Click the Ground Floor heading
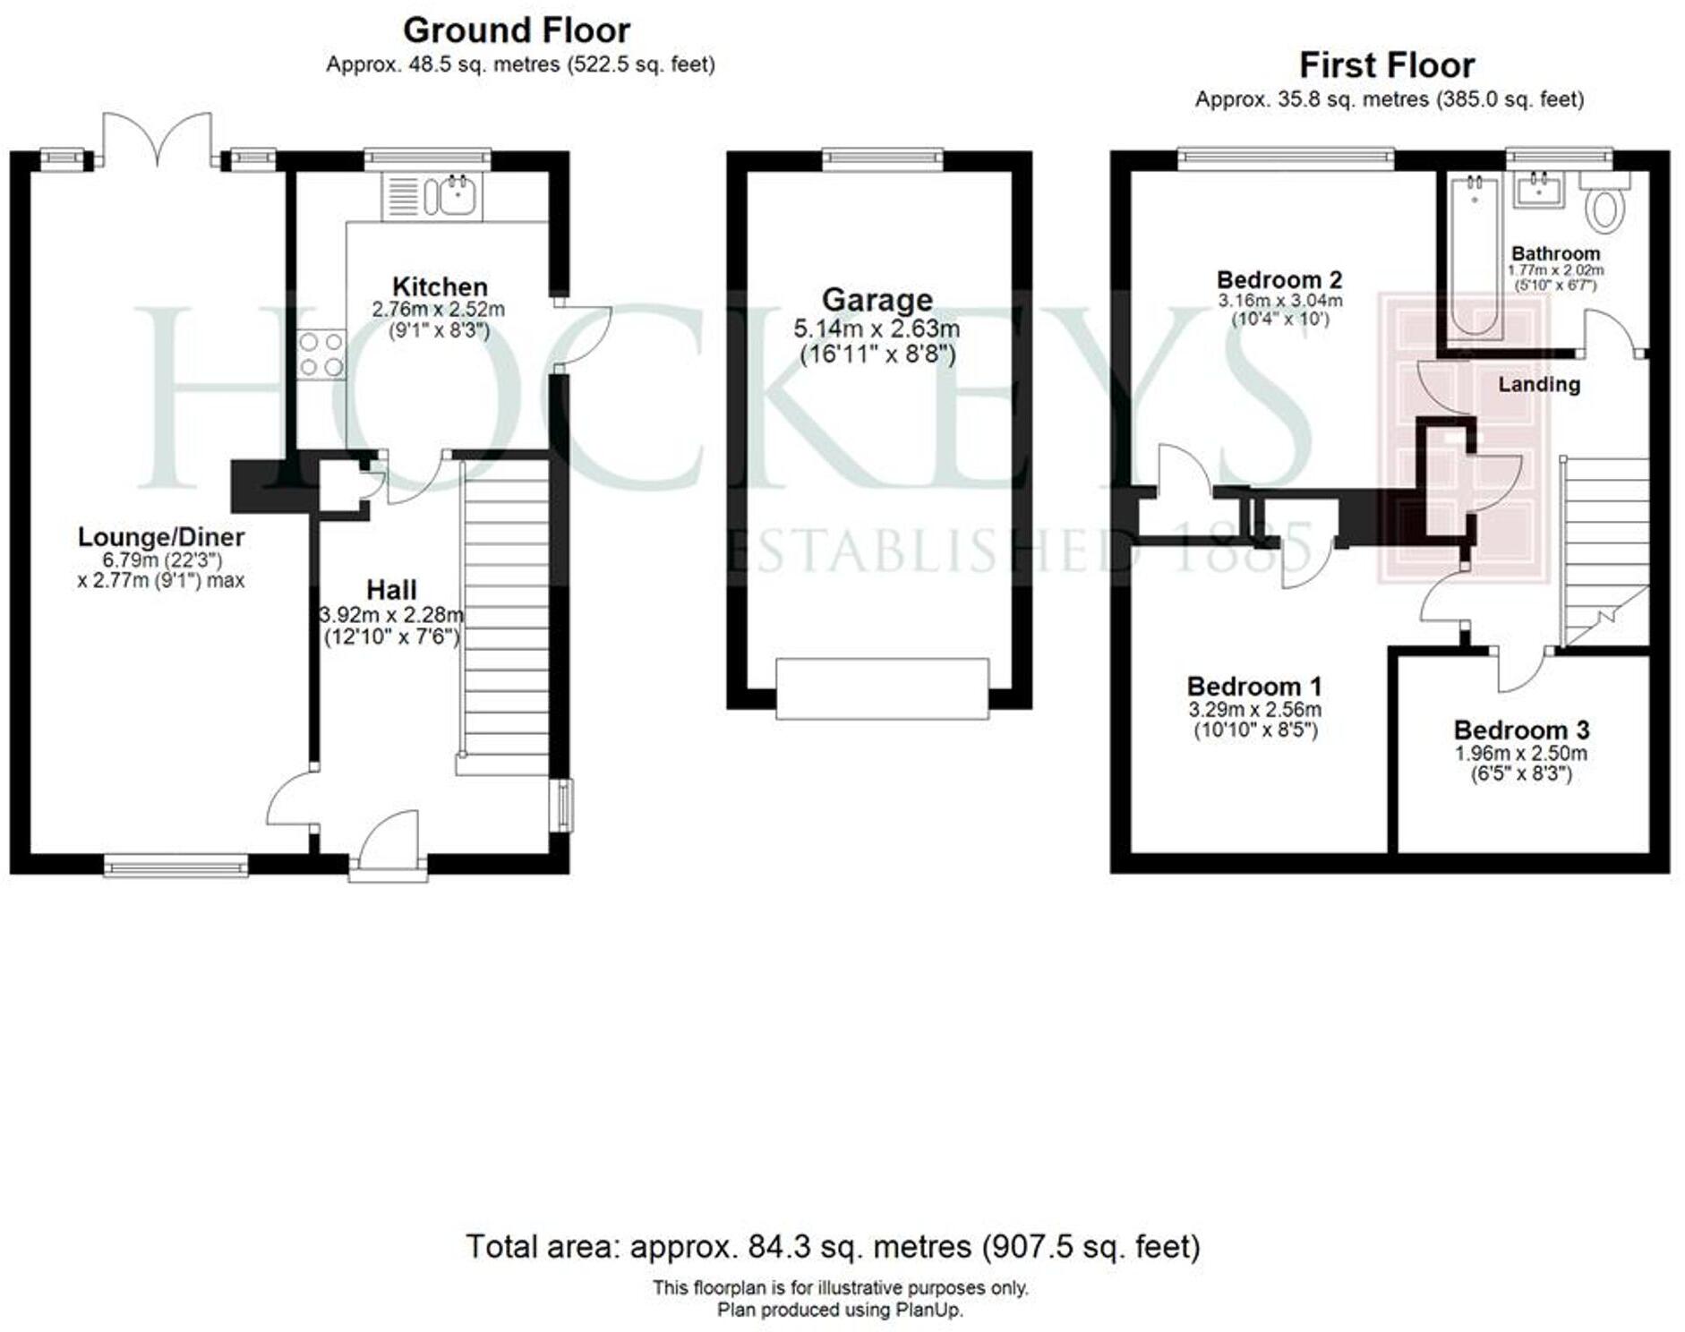click(517, 30)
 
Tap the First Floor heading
click(1387, 65)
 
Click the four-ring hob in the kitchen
click(321, 354)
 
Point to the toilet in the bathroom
click(1605, 208)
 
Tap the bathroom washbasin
click(1539, 190)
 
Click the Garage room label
click(877, 299)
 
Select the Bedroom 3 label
click(1521, 730)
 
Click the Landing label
click(1539, 384)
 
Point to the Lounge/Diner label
click(161, 537)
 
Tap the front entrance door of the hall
click(389, 841)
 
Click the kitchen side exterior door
click(584, 336)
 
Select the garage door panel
click(882, 688)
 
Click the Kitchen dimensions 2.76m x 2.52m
click(439, 310)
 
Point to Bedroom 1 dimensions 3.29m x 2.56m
click(1254, 710)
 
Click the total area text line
click(833, 1246)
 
